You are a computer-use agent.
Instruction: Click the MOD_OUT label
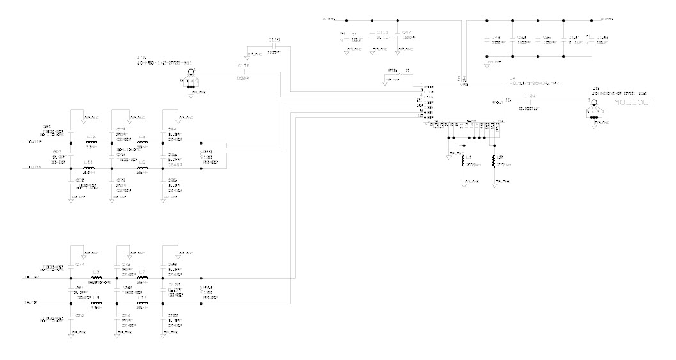tap(633, 103)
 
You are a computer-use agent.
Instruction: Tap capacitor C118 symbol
tap(275, 46)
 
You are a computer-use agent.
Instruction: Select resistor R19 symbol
tap(201, 155)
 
